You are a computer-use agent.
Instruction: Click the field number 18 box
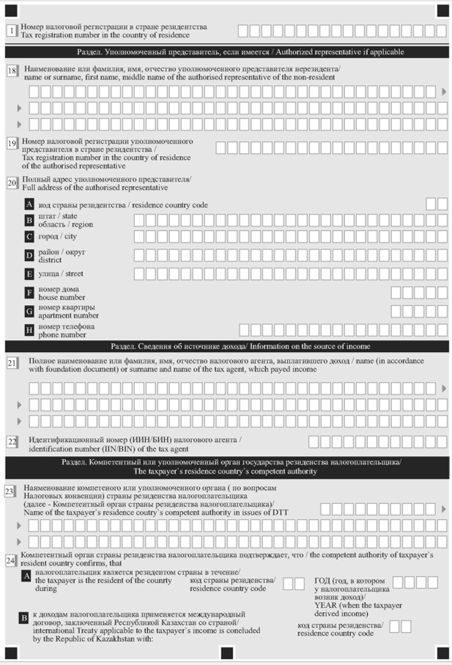(x=12, y=71)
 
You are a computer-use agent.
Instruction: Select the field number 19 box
(x=12, y=144)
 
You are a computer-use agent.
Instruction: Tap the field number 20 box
(x=12, y=183)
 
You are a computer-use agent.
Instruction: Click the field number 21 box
(x=12, y=363)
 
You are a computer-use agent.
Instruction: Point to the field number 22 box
(x=12, y=442)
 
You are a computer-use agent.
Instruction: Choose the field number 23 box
(x=10, y=492)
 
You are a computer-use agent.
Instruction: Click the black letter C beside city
(x=29, y=238)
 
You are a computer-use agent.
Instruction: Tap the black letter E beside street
(x=29, y=274)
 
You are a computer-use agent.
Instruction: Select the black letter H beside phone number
(x=29, y=330)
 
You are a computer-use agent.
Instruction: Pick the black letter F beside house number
(x=29, y=293)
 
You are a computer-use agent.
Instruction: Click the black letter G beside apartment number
(x=29, y=312)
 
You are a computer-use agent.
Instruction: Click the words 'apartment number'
(x=68, y=316)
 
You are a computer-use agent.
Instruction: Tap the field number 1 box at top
(x=10, y=31)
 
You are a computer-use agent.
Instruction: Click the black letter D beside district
(x=29, y=256)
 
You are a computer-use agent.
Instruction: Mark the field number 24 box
(x=10, y=561)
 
